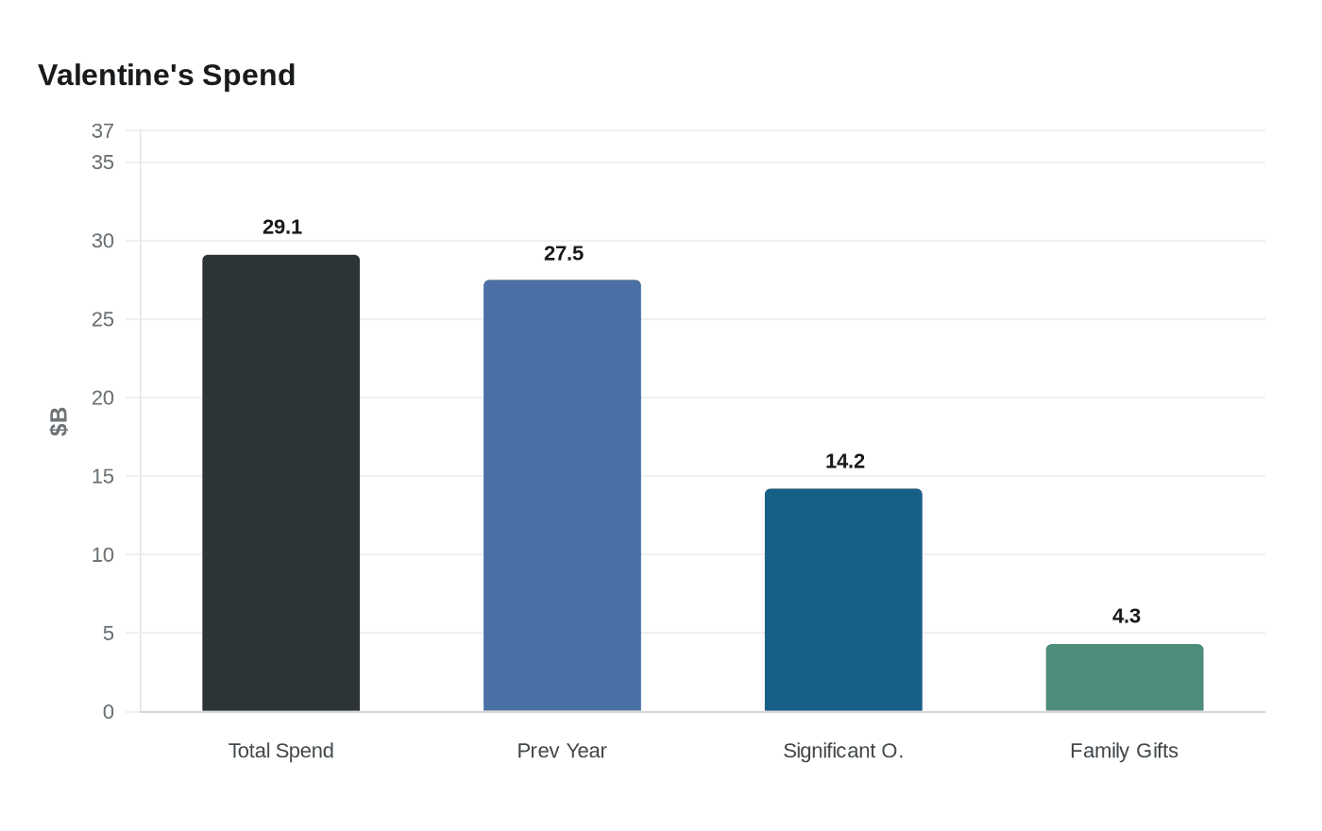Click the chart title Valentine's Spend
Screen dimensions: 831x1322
(x=166, y=75)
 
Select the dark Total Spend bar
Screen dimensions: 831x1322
(x=280, y=483)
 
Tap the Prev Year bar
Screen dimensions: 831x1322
(x=562, y=495)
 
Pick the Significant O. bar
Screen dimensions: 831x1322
(x=843, y=600)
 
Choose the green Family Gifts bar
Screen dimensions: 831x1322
(x=1124, y=677)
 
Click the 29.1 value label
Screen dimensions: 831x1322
(x=282, y=227)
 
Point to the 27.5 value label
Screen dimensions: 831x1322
(x=564, y=253)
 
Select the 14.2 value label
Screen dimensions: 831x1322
(x=845, y=461)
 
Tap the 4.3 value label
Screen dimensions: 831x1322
(x=1126, y=616)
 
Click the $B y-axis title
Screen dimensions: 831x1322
(x=59, y=421)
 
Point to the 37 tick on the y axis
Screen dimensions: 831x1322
(x=102, y=131)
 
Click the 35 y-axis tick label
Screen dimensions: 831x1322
(x=102, y=162)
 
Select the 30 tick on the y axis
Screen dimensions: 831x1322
(x=102, y=241)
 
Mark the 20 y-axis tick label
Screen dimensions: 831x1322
(x=102, y=398)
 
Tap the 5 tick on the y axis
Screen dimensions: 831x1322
(x=108, y=633)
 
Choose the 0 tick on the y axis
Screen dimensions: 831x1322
(x=108, y=712)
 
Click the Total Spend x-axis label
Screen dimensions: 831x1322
(x=280, y=751)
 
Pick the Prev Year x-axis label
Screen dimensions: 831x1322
(x=562, y=751)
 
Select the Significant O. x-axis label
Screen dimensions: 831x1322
(x=843, y=751)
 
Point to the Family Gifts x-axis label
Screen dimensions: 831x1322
(x=1124, y=751)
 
